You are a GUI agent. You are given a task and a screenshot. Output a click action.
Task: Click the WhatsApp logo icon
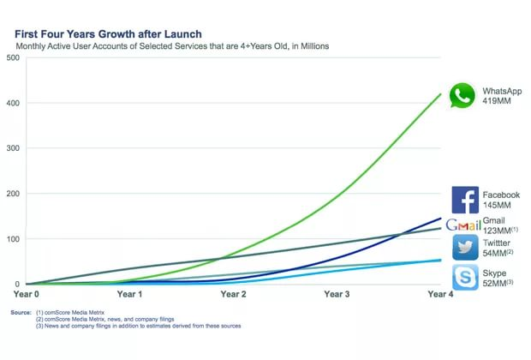click(x=462, y=95)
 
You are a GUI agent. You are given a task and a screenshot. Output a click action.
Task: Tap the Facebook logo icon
click(x=464, y=200)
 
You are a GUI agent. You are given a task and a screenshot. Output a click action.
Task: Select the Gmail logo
click(x=462, y=225)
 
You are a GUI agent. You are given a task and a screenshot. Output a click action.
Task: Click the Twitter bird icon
click(x=464, y=247)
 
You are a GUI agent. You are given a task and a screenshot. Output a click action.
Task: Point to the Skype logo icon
click(x=464, y=276)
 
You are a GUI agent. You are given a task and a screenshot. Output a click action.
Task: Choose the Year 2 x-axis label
click(x=233, y=293)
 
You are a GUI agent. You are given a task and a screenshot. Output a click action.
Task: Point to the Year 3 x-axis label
click(x=336, y=293)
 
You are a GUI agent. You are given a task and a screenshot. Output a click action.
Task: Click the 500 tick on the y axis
click(x=13, y=57)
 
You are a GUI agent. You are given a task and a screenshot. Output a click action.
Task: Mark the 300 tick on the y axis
click(x=13, y=148)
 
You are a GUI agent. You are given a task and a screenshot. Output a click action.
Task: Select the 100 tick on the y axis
click(x=13, y=238)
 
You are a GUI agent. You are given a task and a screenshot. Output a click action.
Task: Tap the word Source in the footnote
click(x=21, y=312)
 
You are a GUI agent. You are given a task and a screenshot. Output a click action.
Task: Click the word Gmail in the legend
click(x=494, y=220)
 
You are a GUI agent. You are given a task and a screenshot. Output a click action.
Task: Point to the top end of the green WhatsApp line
click(x=441, y=94)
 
